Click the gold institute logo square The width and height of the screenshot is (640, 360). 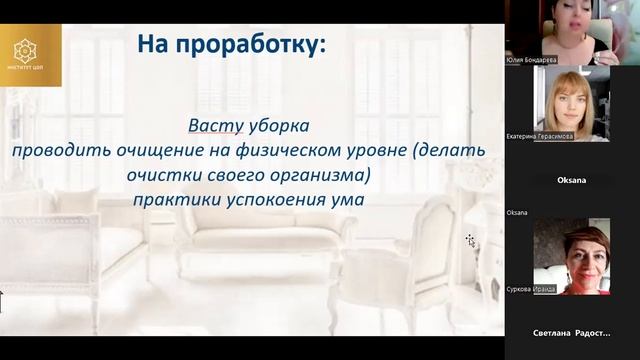pyautogui.click(x=30, y=55)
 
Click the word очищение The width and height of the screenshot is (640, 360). pyautogui.click(x=146, y=150)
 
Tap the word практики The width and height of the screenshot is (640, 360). pyautogui.click(x=171, y=198)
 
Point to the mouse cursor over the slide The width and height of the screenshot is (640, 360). pyautogui.click(x=470, y=240)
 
